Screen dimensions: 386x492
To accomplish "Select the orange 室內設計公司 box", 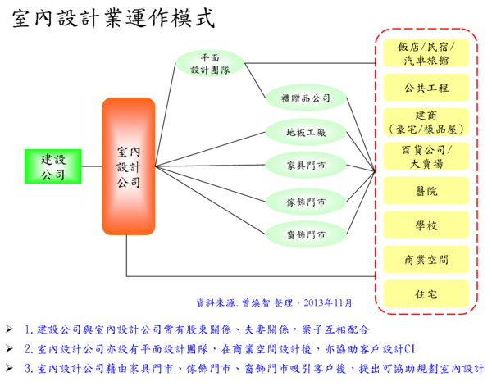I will coord(129,166).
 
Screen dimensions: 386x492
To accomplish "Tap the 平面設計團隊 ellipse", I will coord(210,64).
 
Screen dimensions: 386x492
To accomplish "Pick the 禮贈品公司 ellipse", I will coord(305,98).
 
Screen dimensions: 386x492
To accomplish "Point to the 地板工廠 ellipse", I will coord(305,131).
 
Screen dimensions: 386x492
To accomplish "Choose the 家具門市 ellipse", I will coord(305,165).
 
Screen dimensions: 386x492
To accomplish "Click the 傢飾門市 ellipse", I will coord(305,202).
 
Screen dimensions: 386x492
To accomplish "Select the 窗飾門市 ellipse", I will coord(305,235).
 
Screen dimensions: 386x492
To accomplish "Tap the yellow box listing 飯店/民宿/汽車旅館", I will coord(426,53).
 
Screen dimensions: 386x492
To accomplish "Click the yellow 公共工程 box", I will coord(426,87).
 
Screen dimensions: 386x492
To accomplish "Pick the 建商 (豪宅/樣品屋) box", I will coord(426,121).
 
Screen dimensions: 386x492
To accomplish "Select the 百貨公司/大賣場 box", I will coord(426,156).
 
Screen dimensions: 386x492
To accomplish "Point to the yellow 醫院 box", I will coord(426,190).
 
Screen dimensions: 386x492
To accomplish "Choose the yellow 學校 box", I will coord(426,225).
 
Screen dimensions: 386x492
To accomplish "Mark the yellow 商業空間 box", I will coord(426,259).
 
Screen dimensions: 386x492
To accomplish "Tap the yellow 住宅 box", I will coord(426,293).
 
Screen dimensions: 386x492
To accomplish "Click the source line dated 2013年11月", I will coord(274,303).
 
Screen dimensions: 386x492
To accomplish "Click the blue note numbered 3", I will coord(253,368).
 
